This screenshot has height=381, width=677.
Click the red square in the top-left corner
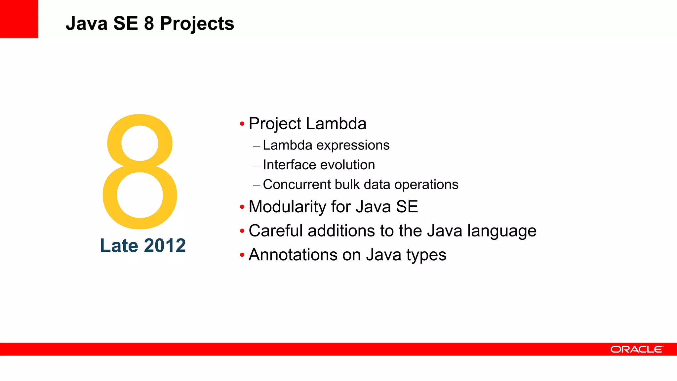[19, 19]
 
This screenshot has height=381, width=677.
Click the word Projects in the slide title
[197, 24]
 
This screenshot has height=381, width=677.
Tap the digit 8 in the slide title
[149, 24]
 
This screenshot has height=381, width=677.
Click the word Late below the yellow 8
[119, 246]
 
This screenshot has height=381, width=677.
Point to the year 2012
[165, 246]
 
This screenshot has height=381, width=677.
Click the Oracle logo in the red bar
[636, 349]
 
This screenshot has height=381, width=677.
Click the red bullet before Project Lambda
[242, 124]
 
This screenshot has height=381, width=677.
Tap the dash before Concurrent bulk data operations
[257, 185]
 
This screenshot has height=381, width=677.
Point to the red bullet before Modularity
[242, 207]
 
